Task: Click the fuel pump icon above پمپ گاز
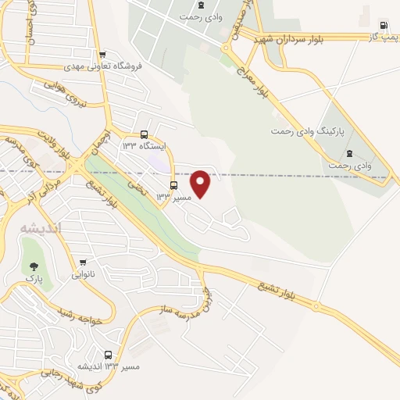click(383, 23)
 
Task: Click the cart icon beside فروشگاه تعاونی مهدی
click(103, 55)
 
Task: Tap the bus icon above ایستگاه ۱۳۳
click(142, 134)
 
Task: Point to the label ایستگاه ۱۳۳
click(140, 145)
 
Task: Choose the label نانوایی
click(83, 274)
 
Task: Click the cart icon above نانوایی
click(83, 262)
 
